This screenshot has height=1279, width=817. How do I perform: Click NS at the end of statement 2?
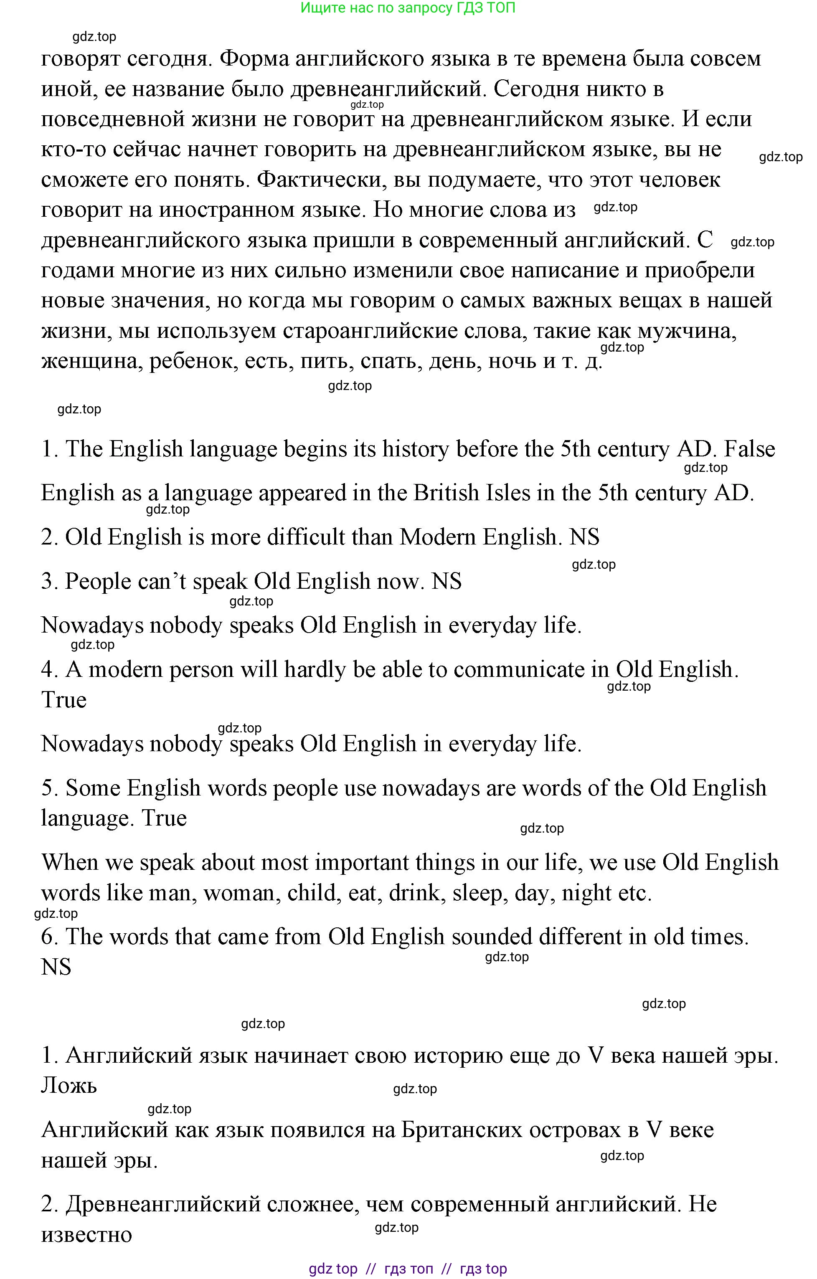point(584,537)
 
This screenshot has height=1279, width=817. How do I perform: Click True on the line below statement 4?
point(64,700)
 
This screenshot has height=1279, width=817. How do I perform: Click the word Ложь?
point(69,1086)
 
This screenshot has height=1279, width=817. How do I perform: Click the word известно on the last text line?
point(86,1234)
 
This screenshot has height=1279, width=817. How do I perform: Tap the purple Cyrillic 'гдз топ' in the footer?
point(408,1269)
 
